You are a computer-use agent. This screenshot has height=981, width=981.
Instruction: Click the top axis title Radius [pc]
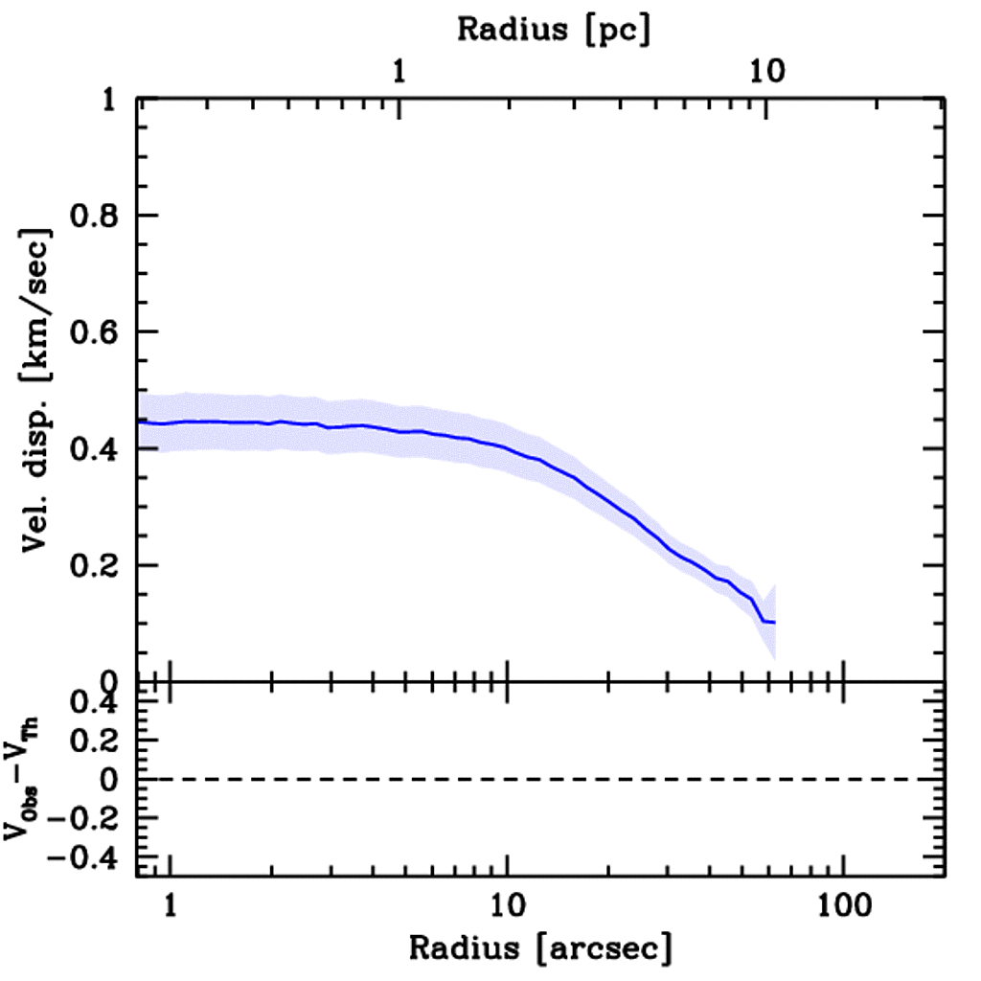554,29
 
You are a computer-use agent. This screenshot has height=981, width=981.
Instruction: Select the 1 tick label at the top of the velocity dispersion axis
110,101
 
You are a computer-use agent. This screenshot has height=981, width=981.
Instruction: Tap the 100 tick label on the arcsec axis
843,904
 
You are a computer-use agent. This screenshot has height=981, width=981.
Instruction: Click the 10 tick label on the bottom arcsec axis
506,904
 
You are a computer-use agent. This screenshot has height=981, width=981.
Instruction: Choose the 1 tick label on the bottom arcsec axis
171,904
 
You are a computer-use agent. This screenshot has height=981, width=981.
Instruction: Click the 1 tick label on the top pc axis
399,72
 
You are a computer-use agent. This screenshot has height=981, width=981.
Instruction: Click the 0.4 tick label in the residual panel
95,703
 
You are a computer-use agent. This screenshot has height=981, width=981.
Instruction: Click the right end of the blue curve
774,623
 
